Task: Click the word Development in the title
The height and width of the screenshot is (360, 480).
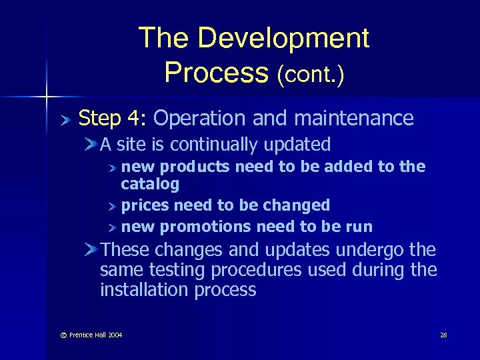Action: (x=283, y=38)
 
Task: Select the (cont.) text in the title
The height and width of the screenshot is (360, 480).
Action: (x=311, y=74)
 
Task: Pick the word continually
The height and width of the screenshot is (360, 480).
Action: (x=213, y=145)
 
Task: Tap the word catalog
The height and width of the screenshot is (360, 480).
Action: (x=150, y=183)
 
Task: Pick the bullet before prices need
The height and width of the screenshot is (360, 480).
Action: (x=113, y=205)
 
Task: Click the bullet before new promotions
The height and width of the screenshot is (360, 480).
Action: (x=113, y=227)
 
